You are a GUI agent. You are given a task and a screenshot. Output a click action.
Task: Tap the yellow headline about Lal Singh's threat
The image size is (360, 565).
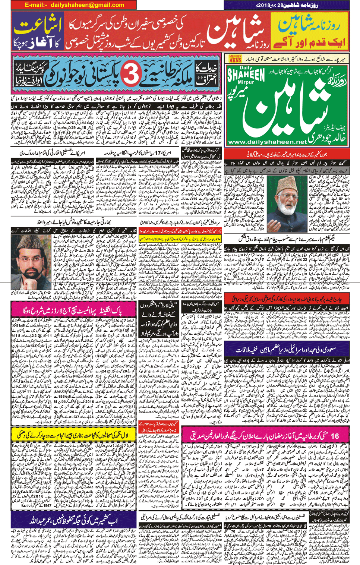[73, 435]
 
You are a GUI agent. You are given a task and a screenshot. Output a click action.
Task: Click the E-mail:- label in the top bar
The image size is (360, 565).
[36, 5]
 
